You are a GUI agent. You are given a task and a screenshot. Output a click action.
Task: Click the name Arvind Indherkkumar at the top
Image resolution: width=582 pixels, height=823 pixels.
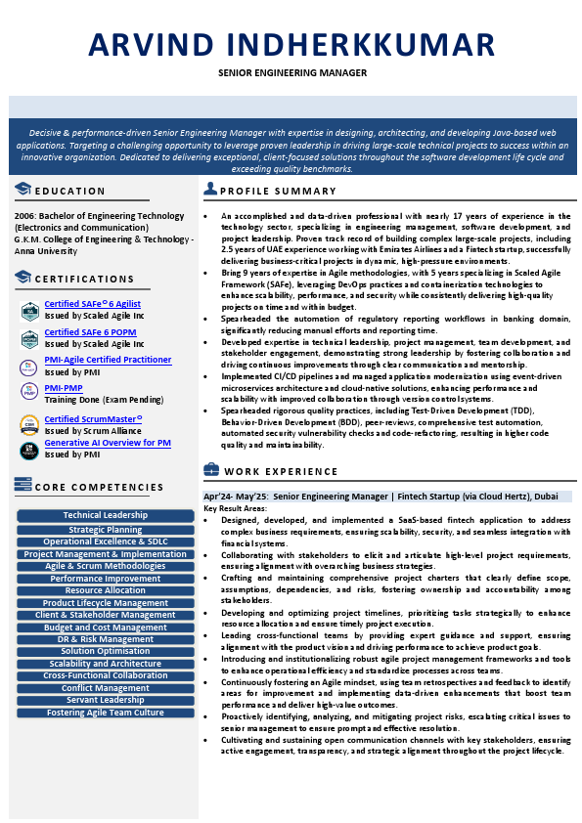point(291,45)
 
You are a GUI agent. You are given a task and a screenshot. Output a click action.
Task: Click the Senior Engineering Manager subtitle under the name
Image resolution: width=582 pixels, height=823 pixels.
point(291,73)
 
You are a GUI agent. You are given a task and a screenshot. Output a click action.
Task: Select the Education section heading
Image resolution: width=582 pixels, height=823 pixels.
point(69,191)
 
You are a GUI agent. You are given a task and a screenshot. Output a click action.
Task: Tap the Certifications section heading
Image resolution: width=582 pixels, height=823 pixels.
point(84,280)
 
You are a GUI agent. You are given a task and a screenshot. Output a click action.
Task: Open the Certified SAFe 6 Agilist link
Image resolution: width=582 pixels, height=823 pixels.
point(92,305)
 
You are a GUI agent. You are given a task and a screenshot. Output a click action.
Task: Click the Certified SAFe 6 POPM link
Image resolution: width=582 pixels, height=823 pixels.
point(90,332)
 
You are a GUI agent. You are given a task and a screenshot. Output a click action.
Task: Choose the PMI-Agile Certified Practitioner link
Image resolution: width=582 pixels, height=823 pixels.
point(108,360)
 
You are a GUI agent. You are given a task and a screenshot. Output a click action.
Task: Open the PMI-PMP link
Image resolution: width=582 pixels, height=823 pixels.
point(64,388)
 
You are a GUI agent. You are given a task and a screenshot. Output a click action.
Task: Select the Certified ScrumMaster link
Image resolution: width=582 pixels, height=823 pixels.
point(93,419)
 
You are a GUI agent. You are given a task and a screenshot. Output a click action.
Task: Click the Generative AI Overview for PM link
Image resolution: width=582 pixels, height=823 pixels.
point(108,443)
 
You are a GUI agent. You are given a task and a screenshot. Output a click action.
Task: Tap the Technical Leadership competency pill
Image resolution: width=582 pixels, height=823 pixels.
point(106,515)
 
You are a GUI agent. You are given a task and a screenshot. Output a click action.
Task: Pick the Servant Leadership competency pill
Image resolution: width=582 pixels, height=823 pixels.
point(106,700)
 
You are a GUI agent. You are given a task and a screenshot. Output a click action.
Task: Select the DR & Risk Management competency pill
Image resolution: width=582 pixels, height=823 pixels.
point(106,639)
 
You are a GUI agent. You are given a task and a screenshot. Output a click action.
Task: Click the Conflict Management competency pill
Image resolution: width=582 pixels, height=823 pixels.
point(106,688)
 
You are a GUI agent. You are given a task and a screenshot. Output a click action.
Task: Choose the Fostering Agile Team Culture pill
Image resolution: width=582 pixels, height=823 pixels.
point(106,713)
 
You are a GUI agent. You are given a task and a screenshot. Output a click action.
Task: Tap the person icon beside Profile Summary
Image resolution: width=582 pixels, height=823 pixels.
point(209,189)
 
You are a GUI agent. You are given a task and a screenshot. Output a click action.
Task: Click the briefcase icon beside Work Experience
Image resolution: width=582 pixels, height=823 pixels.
point(209,470)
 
